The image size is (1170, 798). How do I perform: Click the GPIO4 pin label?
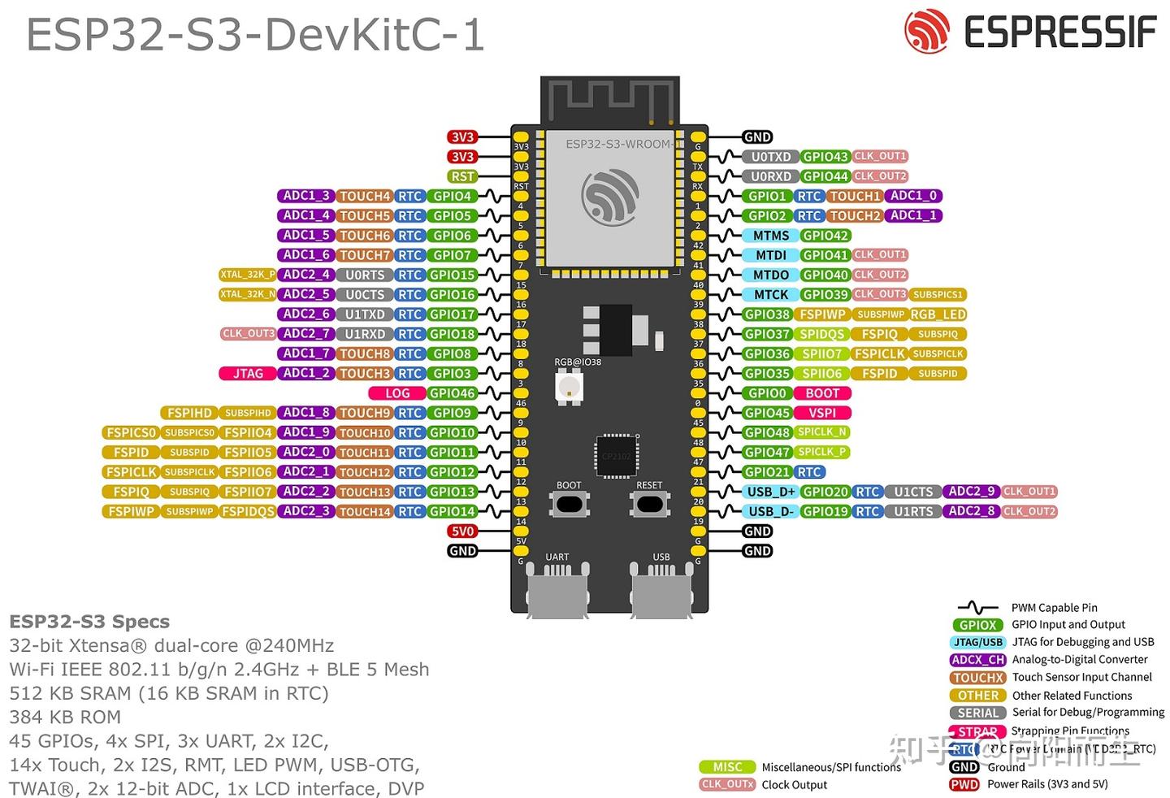(453, 196)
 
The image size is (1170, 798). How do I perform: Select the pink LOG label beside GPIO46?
(397, 393)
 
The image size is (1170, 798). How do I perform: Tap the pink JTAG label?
(248, 374)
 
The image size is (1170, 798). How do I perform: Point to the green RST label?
(462, 176)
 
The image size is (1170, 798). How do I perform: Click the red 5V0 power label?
(462, 531)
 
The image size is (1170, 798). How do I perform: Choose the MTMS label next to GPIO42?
(770, 236)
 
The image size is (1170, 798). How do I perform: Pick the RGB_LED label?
(938, 314)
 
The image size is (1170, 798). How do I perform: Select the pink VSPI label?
(821, 413)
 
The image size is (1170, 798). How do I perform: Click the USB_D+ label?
(770, 492)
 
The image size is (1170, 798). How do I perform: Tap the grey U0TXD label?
(770, 157)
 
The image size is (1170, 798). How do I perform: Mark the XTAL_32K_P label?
(247, 275)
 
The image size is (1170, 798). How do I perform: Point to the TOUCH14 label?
(365, 512)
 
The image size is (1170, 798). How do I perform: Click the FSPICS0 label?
(130, 433)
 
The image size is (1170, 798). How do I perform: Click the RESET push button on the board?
(649, 504)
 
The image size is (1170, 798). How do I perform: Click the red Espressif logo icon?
(927, 32)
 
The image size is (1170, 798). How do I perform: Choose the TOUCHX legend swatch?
(977, 678)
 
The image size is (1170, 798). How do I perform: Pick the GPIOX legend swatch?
(977, 625)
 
